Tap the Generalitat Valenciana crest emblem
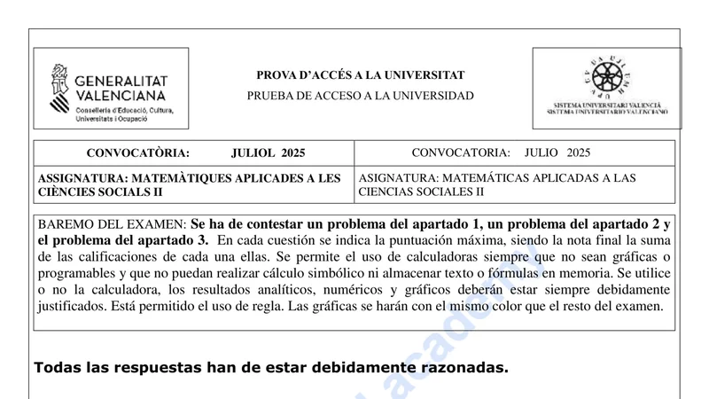click(59, 88)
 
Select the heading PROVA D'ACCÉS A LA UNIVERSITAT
click(360, 75)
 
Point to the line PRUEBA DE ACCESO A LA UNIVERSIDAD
click(360, 96)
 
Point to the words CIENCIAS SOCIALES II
click(421, 192)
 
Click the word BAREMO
click(66, 224)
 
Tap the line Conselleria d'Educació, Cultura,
click(125, 110)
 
